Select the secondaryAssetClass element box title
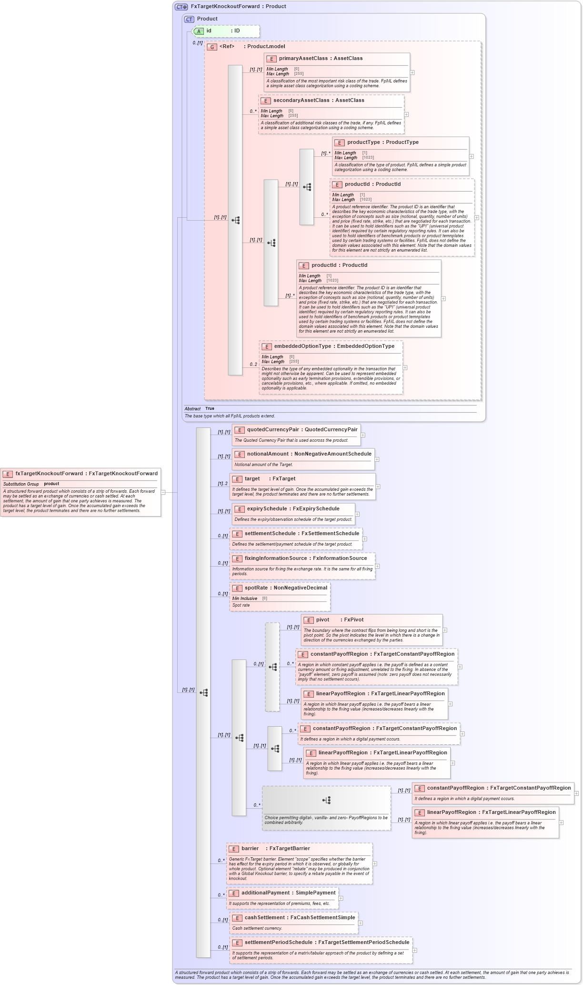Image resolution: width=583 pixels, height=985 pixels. click(x=301, y=101)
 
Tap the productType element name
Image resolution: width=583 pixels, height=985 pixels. click(x=363, y=142)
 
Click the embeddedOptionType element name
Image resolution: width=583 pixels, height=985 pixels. click(x=302, y=346)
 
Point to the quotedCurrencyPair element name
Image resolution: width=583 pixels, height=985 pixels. click(x=273, y=430)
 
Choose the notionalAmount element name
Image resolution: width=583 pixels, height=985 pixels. click(x=268, y=454)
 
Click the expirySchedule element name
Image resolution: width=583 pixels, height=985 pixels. click(x=267, y=509)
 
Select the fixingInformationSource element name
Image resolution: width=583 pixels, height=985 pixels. click(x=276, y=559)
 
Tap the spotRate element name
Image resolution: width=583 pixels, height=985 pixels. click(x=257, y=588)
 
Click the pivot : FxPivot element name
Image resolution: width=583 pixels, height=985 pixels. click(x=322, y=620)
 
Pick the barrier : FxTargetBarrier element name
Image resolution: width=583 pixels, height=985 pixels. click(x=250, y=849)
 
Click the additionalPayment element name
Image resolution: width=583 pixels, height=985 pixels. click(x=265, y=893)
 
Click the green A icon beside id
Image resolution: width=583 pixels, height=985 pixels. click(x=199, y=31)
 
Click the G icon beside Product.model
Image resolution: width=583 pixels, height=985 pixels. click(x=212, y=47)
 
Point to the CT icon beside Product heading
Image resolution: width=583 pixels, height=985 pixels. click(x=189, y=20)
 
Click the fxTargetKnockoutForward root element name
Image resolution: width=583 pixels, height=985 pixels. click(x=49, y=474)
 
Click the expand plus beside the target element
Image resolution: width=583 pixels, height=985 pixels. click(x=378, y=487)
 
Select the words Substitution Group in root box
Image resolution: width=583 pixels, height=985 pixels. click(x=21, y=484)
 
